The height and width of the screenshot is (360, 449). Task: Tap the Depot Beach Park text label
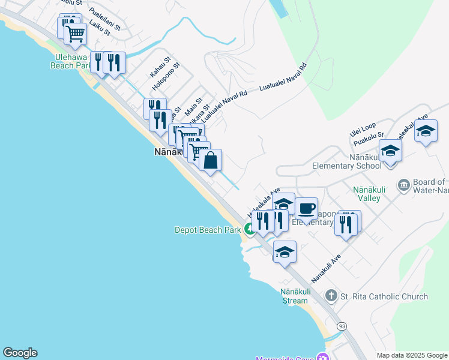[207, 229]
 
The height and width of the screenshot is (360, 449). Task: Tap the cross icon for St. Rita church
[330, 296]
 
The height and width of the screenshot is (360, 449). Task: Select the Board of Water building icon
[403, 184]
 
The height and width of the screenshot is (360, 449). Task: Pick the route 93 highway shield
[342, 326]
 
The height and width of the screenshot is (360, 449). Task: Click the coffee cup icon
[306, 209]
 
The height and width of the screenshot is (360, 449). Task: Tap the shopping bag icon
[210, 161]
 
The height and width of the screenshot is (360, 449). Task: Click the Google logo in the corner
[20, 353]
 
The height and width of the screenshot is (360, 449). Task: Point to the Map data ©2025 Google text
[412, 355]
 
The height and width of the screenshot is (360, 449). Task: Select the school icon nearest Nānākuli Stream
[285, 252]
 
